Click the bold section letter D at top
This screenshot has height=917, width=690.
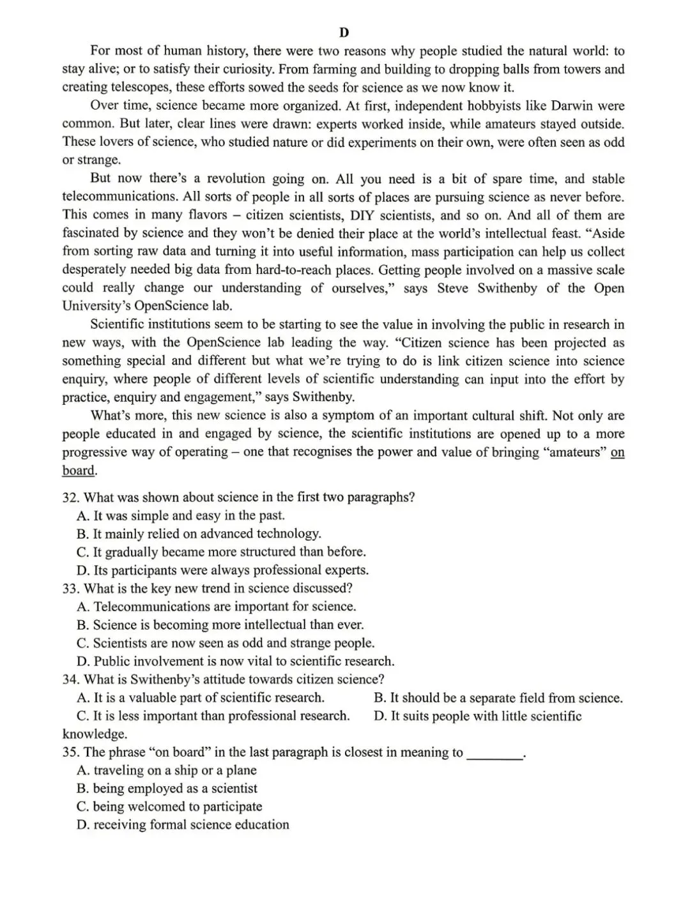(344, 33)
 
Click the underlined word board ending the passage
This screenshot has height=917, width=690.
(78, 471)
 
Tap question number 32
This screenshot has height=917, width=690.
(70, 497)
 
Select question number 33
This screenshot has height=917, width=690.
(70, 588)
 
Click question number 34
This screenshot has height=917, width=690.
(70, 679)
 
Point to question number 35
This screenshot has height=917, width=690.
(70, 752)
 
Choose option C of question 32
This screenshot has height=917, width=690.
(220, 552)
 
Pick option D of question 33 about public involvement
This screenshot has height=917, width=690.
(235, 661)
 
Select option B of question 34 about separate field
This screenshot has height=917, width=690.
(498, 698)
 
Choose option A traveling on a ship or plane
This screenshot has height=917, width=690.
(166, 770)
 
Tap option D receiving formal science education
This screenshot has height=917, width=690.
(183, 825)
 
